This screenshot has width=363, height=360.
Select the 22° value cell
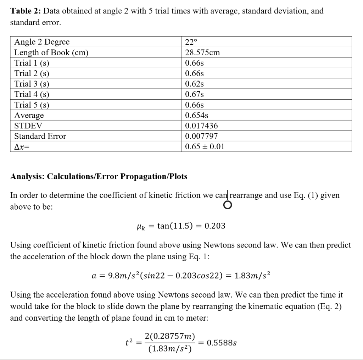(x=191, y=42)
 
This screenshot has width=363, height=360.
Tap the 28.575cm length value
(x=202, y=52)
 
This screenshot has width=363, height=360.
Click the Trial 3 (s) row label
(x=32, y=84)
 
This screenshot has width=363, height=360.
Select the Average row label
(x=29, y=115)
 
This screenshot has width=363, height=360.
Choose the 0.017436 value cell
(x=202, y=126)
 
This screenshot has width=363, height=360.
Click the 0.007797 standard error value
(x=202, y=136)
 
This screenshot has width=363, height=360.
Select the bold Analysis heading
(x=99, y=176)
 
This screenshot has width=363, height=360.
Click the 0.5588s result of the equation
(x=222, y=343)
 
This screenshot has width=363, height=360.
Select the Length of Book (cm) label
(x=51, y=52)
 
